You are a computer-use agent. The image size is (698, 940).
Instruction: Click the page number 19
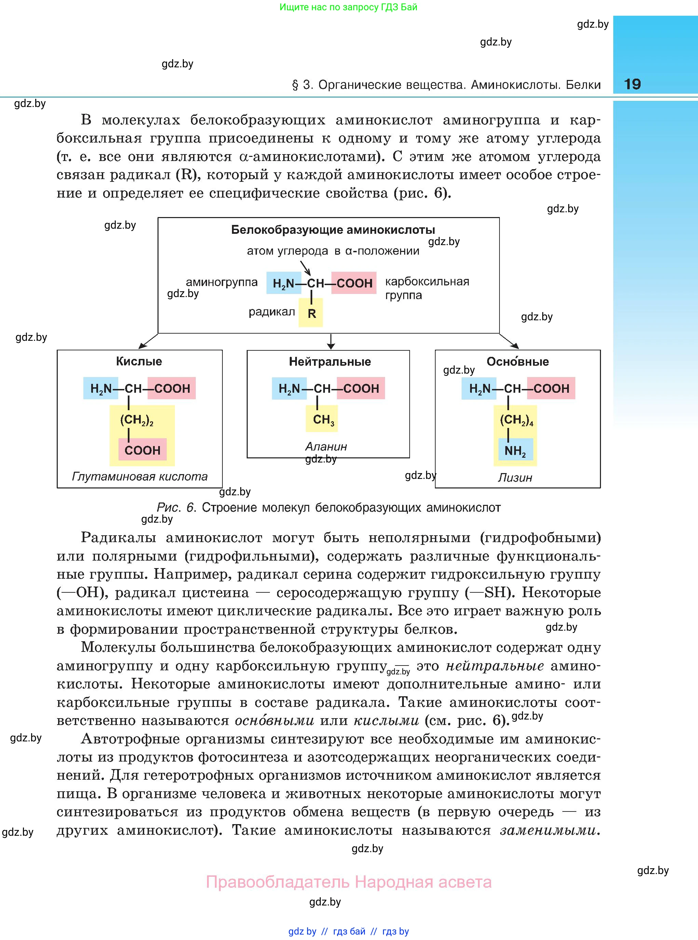632,84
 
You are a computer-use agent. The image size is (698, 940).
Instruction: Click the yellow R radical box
311,313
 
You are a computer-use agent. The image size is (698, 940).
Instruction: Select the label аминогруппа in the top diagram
221,282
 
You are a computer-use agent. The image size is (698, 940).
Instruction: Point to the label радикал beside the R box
272,312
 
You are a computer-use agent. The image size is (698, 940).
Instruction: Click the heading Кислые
139,361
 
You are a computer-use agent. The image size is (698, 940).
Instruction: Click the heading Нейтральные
330,362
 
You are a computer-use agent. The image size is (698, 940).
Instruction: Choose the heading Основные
517,362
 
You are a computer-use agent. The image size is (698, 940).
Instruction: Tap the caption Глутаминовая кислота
139,477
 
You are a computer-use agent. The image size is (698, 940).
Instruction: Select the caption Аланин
326,447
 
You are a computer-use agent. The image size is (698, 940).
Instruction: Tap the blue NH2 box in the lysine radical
515,451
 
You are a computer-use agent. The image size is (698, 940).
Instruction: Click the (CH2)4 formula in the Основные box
516,420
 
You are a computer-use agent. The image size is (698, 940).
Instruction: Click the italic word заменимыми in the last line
548,831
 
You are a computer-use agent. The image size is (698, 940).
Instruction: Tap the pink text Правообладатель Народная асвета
348,883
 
